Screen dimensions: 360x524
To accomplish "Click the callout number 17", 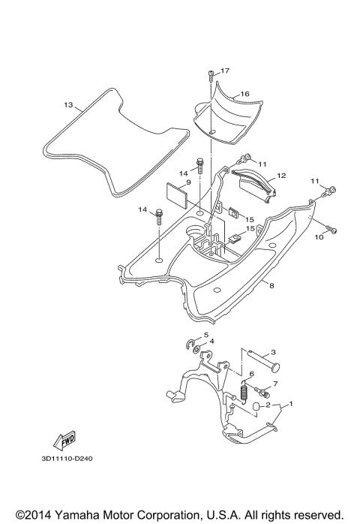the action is tap(225, 71).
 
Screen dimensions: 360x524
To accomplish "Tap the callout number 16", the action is tap(244, 94).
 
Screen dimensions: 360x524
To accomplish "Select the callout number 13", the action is tap(68, 105).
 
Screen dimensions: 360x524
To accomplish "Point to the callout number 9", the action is tap(188, 182).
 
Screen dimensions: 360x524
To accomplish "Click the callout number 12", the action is tap(281, 176).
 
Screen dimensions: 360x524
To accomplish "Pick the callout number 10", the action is tap(319, 237).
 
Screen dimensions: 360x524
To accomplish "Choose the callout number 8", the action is tap(271, 286).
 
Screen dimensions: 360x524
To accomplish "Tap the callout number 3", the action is tap(273, 352).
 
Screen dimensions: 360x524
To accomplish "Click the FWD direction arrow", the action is tap(64, 441).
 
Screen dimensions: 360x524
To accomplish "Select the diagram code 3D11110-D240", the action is tap(67, 459).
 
